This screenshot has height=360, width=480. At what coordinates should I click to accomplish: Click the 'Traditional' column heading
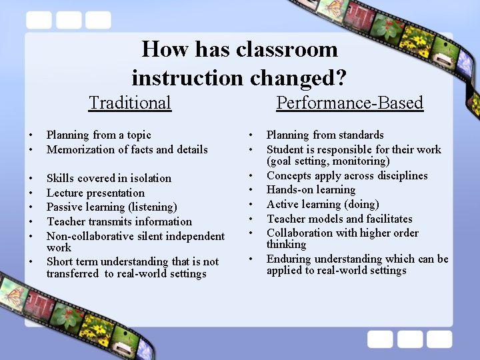[x=130, y=103]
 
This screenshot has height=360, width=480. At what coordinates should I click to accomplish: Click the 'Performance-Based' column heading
[x=349, y=103]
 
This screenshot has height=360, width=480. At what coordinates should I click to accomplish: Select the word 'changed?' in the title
[x=298, y=78]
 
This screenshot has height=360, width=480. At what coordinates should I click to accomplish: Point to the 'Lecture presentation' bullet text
[x=95, y=193]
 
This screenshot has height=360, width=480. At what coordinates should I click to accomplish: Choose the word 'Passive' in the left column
[x=65, y=207]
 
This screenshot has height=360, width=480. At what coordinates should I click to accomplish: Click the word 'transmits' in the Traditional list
[x=111, y=221]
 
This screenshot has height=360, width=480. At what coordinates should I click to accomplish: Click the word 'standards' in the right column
[x=361, y=135]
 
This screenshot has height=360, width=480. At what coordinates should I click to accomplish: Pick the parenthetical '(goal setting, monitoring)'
[x=328, y=161]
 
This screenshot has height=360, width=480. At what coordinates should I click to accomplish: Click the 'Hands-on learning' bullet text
[x=311, y=190]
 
